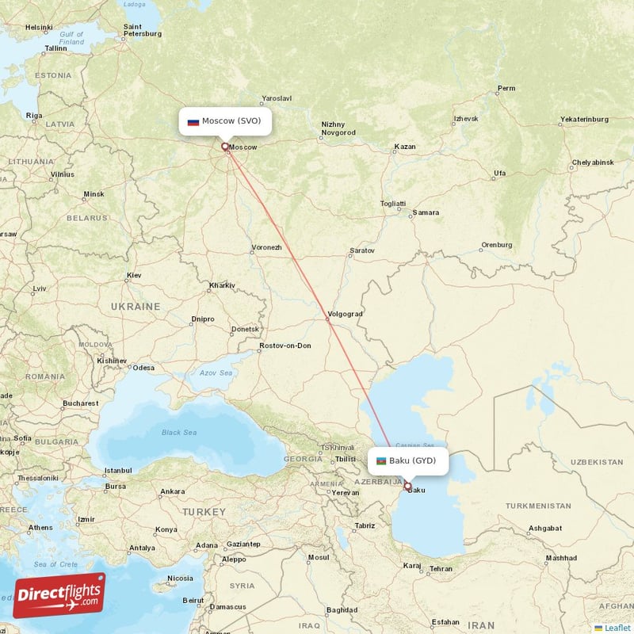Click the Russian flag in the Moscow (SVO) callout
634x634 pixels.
click(193, 122)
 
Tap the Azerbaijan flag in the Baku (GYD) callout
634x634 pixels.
click(381, 460)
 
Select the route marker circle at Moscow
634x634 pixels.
click(225, 146)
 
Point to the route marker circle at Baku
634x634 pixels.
click(407, 486)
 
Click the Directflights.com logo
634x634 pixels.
click(59, 594)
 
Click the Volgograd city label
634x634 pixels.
click(344, 314)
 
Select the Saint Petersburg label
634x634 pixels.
click(143, 30)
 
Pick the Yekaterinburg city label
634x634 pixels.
click(584, 119)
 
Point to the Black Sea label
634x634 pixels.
click(179, 433)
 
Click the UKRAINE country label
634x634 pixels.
click(135, 306)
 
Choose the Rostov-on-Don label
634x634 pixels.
click(285, 346)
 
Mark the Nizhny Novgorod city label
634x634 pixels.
click(338, 128)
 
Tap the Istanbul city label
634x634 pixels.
click(117, 471)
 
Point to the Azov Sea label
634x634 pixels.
click(216, 372)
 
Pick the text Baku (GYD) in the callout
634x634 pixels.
click(412, 460)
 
